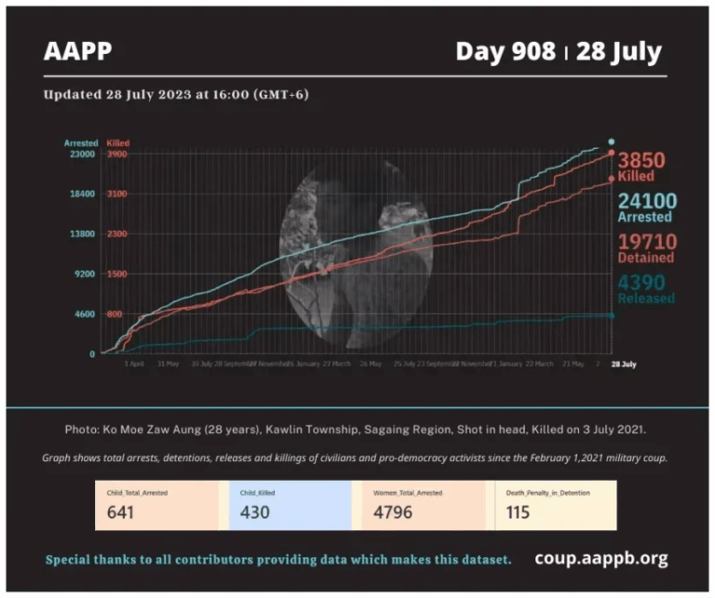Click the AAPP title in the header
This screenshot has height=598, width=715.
tap(77, 51)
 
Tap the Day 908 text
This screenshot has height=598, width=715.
tap(506, 51)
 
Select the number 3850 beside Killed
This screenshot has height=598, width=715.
tap(641, 160)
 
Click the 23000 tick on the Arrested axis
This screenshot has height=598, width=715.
tap(83, 154)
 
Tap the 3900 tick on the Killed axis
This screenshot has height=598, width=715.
tap(117, 154)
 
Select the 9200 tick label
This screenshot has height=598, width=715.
tap(85, 274)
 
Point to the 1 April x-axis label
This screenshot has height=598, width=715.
tap(135, 364)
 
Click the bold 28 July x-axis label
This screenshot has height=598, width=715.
tap(623, 364)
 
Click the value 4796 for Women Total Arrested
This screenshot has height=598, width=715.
tap(393, 512)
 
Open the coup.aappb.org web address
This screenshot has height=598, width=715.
tap(600, 559)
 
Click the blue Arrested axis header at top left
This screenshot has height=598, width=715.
tap(81, 143)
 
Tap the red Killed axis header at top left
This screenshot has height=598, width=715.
tap(118, 143)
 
